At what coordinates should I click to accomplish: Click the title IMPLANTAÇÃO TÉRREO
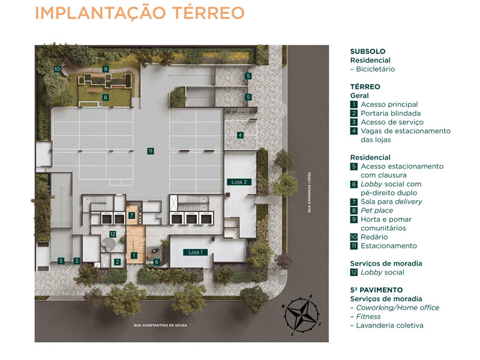(x=139, y=13)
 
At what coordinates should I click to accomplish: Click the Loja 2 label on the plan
(x=238, y=181)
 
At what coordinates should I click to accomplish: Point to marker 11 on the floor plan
(x=151, y=151)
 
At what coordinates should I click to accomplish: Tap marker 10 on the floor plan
(x=57, y=69)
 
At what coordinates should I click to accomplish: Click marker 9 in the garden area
(x=105, y=69)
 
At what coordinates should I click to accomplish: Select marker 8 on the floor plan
(x=105, y=97)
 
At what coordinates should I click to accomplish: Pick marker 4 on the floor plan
(x=240, y=135)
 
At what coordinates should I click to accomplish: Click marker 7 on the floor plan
(x=131, y=215)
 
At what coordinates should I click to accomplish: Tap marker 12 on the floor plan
(x=112, y=234)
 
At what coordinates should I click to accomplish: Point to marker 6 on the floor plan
(x=157, y=262)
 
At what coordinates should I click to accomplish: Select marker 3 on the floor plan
(x=77, y=260)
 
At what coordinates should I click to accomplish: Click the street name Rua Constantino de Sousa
(x=161, y=326)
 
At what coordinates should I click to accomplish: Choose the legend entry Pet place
(x=377, y=211)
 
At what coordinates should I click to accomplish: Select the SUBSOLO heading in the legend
(x=368, y=52)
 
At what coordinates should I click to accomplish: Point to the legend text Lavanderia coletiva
(x=389, y=325)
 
